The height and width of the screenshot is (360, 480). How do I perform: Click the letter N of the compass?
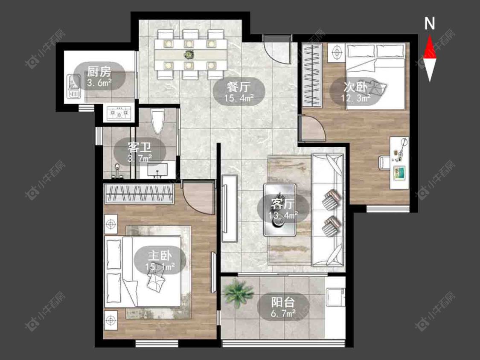coord(430,23)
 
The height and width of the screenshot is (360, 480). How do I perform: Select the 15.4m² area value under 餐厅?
coord(239,98)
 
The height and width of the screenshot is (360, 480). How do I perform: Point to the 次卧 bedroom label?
coord(355,87)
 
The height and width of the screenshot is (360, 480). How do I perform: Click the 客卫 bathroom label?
coord(140,148)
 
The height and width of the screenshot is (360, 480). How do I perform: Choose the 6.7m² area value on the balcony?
coord(283,313)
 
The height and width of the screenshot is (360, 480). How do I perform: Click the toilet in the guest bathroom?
coord(158,122)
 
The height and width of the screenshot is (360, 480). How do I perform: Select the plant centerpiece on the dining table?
coord(189,55)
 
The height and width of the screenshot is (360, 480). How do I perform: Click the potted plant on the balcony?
coord(239,293)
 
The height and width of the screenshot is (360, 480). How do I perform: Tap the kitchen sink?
coord(74,87)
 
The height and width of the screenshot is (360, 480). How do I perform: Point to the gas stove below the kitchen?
coord(119,113)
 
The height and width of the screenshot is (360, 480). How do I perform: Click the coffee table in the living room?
coord(279,209)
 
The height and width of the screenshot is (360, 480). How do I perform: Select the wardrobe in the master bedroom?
coord(139,194)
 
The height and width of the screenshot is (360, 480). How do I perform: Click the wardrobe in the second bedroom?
coord(312,75)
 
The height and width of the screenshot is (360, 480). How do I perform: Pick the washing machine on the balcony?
coord(335,297)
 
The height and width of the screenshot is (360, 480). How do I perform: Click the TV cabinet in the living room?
coord(230,209)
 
